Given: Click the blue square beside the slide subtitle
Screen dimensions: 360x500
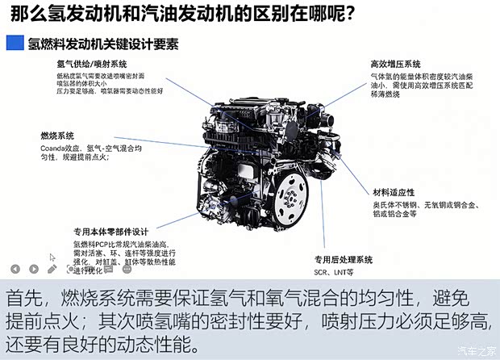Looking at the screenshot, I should pos(15,43).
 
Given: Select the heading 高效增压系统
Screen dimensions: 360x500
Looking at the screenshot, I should pos(396,64).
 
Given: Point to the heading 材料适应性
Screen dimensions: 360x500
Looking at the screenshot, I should pos(394,192).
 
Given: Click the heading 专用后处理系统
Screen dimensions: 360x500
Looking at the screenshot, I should pos(343,260).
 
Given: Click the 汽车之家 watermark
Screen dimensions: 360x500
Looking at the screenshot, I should pos(475,350).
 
